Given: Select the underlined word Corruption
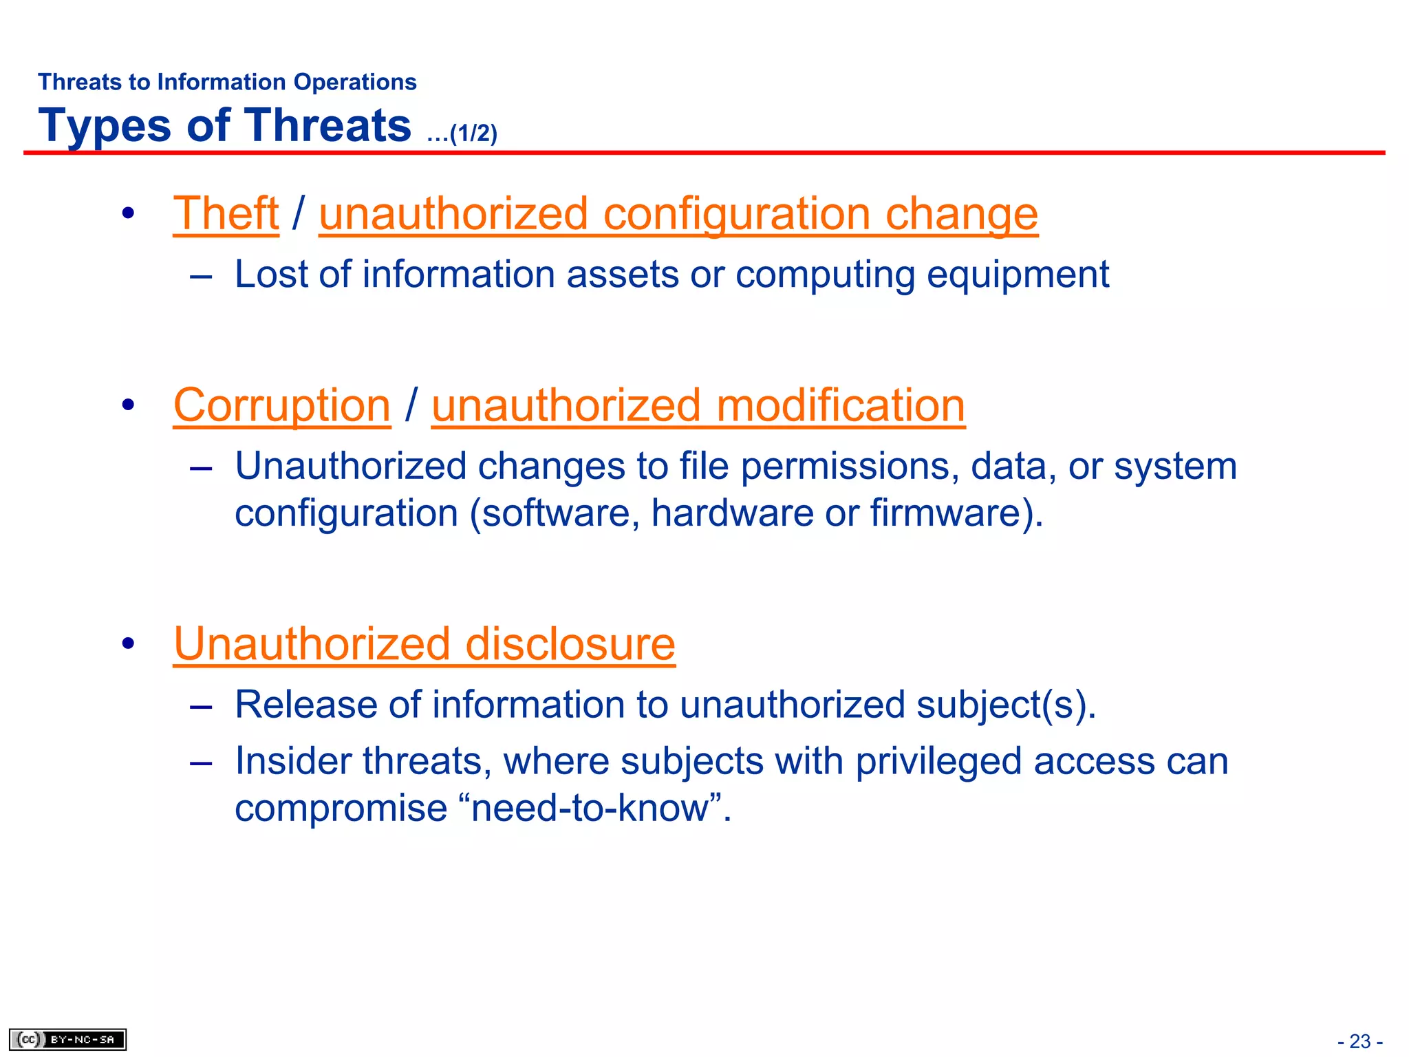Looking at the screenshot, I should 282,405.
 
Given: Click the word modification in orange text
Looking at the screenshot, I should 840,405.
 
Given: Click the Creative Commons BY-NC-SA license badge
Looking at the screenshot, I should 67,1039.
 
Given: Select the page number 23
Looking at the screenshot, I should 1359,1041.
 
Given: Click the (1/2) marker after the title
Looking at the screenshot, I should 473,133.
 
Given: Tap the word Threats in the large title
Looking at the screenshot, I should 327,126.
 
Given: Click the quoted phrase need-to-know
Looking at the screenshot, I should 595,808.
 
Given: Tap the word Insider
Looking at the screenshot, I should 294,761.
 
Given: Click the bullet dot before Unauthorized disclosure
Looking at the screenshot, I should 128,644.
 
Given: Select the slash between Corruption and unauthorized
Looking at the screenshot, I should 411,405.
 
